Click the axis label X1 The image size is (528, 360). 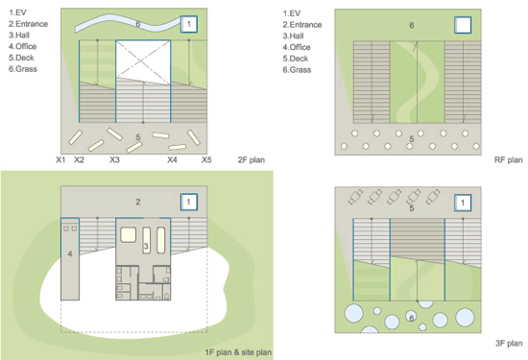coord(60,159)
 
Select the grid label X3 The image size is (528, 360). coord(114,159)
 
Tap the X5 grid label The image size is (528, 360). coord(206,159)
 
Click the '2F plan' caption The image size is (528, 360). coord(251,159)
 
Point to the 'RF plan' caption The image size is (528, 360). coord(508,159)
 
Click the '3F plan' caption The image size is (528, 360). coord(508,343)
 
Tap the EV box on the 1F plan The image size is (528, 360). coord(190,202)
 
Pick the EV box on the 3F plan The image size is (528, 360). coord(463,204)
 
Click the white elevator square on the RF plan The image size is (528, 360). coord(463,25)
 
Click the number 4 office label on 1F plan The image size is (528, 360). coord(70,253)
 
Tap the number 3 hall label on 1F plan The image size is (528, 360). coord(145,248)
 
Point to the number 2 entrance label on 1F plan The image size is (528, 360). coord(138,202)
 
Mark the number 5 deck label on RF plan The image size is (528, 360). coord(412,139)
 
